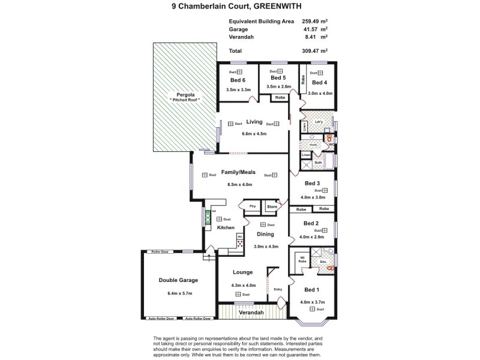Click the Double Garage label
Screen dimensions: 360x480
click(x=178, y=280)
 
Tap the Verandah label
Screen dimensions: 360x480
click(x=251, y=313)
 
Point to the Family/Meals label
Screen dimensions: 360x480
click(x=238, y=172)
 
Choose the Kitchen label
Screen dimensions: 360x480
click(x=226, y=228)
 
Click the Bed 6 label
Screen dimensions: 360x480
click(x=238, y=80)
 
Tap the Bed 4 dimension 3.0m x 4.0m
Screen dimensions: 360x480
click(x=320, y=94)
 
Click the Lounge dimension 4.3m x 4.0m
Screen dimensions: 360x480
click(x=243, y=285)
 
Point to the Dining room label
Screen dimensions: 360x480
click(x=265, y=234)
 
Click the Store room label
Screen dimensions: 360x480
click(x=272, y=207)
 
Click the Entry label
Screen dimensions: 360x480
click(x=278, y=289)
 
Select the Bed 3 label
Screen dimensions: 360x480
click(x=312, y=183)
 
